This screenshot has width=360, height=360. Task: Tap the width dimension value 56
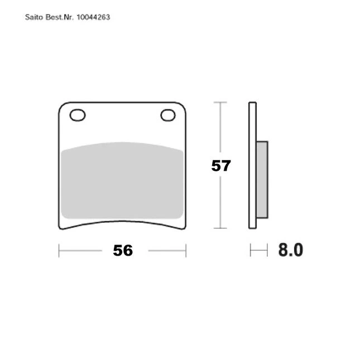click(123, 251)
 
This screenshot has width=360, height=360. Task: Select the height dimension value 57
click(221, 166)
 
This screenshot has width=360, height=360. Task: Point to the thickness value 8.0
click(291, 250)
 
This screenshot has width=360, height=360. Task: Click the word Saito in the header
click(34, 17)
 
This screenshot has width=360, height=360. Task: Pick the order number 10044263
click(93, 17)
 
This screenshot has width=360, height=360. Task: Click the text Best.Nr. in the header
click(60, 17)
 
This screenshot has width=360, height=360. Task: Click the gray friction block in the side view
click(262, 180)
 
